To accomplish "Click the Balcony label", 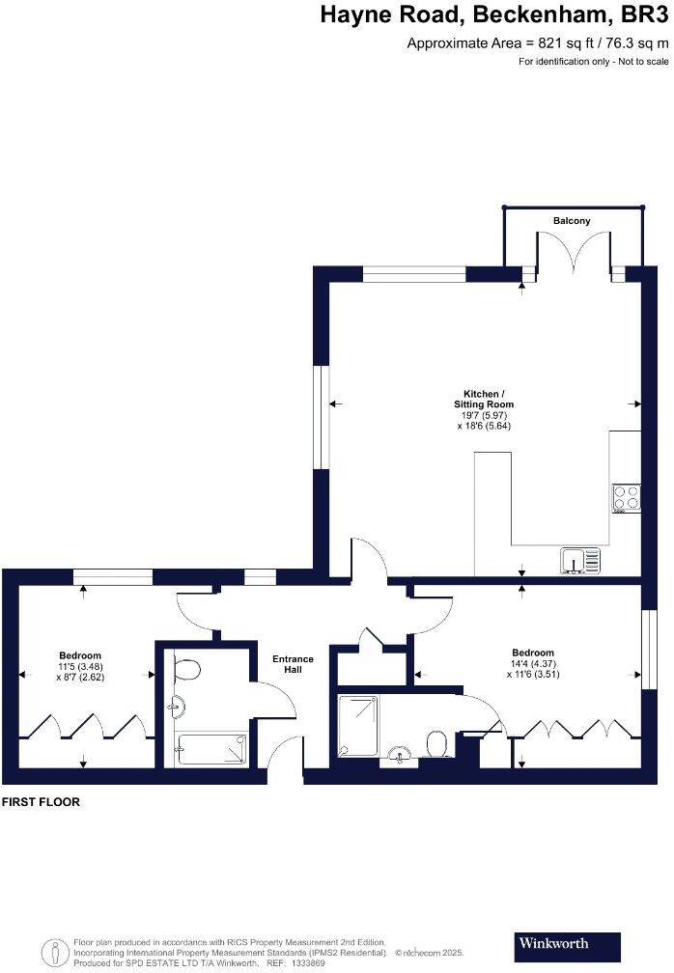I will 572,221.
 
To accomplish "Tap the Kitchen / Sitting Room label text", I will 484,399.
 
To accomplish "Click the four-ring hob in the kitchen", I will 626,497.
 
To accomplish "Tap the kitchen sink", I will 579,560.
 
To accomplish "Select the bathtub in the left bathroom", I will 211,748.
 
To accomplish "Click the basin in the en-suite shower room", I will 398,754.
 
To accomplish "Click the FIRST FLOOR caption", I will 41,802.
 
